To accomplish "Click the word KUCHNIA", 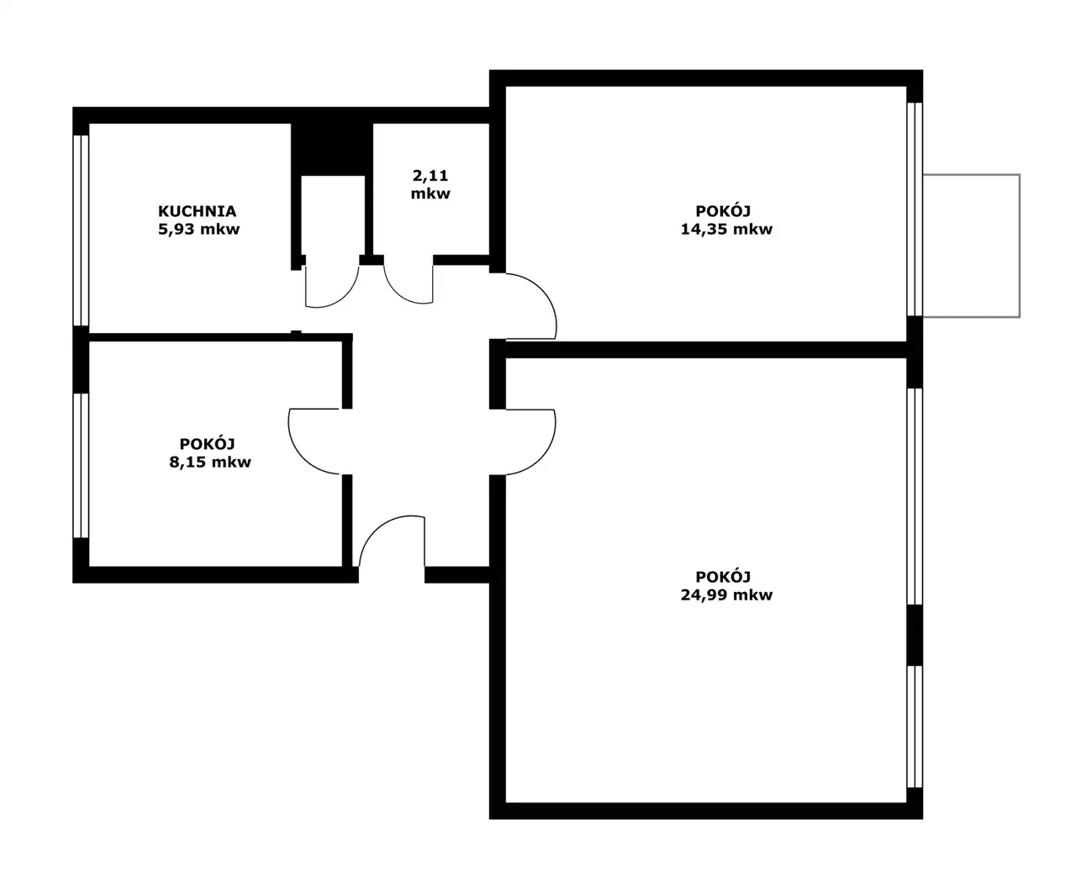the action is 197,211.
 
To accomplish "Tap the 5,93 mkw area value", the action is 198,230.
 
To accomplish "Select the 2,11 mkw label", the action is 430,184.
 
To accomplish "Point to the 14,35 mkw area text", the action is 726,230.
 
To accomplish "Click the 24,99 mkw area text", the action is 726,595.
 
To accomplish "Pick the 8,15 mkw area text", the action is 209,462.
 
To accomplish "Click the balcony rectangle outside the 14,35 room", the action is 1020,246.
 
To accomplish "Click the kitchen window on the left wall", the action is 82,230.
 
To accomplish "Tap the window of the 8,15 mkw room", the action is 82,465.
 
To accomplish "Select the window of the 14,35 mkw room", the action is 915,209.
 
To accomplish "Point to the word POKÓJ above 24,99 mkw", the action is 723,576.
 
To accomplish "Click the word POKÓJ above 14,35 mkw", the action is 723,211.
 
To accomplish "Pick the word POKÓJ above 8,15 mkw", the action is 207,443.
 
